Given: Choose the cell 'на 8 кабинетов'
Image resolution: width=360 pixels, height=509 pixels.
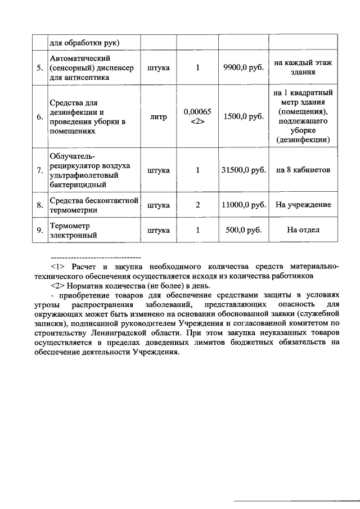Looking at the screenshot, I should [303, 170].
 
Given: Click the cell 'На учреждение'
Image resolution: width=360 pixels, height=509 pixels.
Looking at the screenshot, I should [303, 205].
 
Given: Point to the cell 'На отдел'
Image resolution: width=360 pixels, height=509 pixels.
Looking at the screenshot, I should [303, 230].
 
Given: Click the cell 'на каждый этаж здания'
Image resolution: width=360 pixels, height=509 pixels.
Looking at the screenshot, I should [303, 68].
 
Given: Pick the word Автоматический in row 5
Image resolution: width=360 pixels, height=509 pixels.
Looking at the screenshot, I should [79, 58].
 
